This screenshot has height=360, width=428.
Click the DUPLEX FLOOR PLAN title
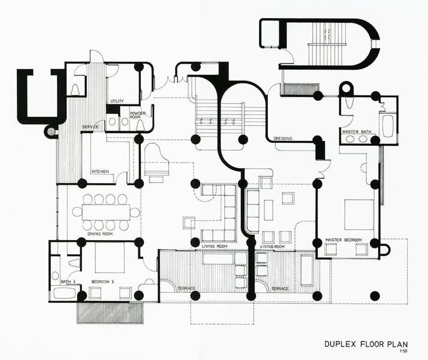pos(366,344)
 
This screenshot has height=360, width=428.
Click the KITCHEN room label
pos(100,172)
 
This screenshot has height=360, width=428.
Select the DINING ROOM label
pos(100,234)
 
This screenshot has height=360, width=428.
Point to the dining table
pos(106,212)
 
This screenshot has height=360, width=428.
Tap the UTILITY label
pos(117,101)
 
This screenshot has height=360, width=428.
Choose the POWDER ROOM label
pos(138,115)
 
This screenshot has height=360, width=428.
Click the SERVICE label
pos(91,127)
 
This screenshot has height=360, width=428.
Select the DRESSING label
pos(283,139)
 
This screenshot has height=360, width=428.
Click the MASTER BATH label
pos(357,131)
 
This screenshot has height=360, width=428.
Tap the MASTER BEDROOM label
pos(343,240)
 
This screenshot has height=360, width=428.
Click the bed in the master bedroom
pos(359,215)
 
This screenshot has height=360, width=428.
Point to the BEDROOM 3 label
pos(103,281)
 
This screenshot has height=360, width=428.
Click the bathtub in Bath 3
pos(64,293)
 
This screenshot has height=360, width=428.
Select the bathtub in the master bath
pos(388,125)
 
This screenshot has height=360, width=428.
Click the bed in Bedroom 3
pos(110,257)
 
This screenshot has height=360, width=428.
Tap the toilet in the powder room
pos(141,125)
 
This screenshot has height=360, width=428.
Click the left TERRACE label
pos(186,289)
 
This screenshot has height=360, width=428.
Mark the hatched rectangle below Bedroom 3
pos(110,313)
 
